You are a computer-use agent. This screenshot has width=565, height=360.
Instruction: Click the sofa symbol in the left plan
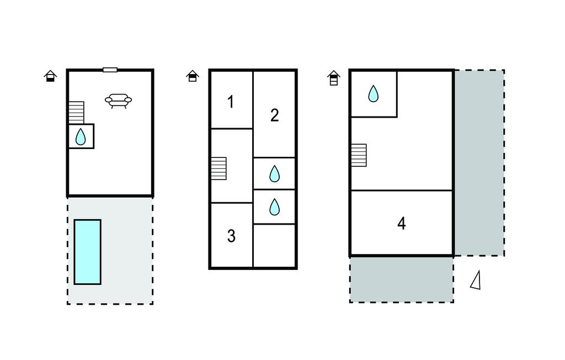tap(118, 100)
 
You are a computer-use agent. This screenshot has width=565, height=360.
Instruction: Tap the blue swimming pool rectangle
tap(88, 252)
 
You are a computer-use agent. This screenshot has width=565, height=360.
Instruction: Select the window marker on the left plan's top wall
tap(110, 70)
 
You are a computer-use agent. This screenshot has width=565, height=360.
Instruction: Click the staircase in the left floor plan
tap(76, 113)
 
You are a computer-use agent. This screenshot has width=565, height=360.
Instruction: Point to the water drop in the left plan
tap(81, 137)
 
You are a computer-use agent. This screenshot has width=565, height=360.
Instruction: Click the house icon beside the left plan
tap(50, 76)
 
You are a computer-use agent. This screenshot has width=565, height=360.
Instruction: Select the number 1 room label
tap(231, 102)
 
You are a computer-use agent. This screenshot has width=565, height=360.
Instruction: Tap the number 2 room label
tap(275, 115)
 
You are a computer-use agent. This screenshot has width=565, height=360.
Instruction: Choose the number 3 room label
tap(231, 236)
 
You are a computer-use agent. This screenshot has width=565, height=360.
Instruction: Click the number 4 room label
tap(402, 223)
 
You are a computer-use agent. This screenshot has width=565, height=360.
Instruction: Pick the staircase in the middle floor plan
tap(218, 168)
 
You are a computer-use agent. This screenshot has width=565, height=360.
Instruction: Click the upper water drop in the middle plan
tap(275, 173)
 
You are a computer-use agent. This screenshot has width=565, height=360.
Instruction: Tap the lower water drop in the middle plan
tap(275, 207)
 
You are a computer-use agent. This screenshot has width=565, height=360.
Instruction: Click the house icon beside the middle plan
tap(193, 76)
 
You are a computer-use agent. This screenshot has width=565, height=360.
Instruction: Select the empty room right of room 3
tap(275, 246)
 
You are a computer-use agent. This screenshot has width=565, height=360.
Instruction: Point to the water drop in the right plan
tap(374, 93)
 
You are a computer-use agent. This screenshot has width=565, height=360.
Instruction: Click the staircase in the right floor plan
tap(359, 155)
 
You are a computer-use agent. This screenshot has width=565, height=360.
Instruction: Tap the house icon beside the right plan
tap(334, 78)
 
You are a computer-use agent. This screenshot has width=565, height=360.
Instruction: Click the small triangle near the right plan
tap(476, 280)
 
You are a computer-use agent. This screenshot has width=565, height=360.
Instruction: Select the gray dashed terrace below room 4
tap(402, 279)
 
